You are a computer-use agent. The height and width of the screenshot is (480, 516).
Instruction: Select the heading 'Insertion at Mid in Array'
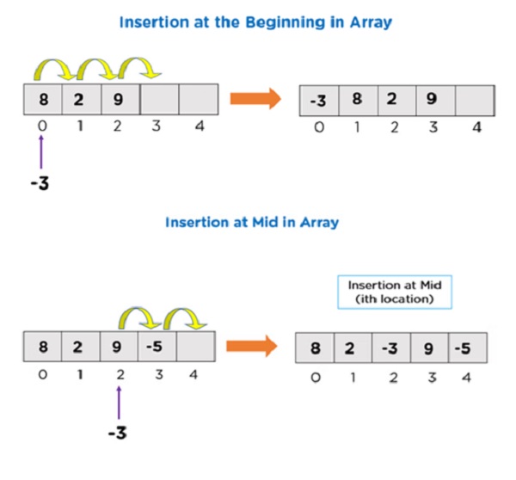(x=252, y=222)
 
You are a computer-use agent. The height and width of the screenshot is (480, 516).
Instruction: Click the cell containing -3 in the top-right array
(x=317, y=99)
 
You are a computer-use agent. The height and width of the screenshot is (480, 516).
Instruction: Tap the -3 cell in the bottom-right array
(x=390, y=349)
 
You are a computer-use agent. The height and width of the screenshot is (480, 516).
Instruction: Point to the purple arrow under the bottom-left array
(x=119, y=403)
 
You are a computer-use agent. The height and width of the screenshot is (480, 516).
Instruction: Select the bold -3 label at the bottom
(x=118, y=433)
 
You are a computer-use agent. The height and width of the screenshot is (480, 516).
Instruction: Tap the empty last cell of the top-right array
(x=473, y=99)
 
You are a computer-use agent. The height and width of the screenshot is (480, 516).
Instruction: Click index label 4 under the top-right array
(x=476, y=128)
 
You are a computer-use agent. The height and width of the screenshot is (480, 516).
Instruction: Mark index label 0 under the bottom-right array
(x=314, y=378)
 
